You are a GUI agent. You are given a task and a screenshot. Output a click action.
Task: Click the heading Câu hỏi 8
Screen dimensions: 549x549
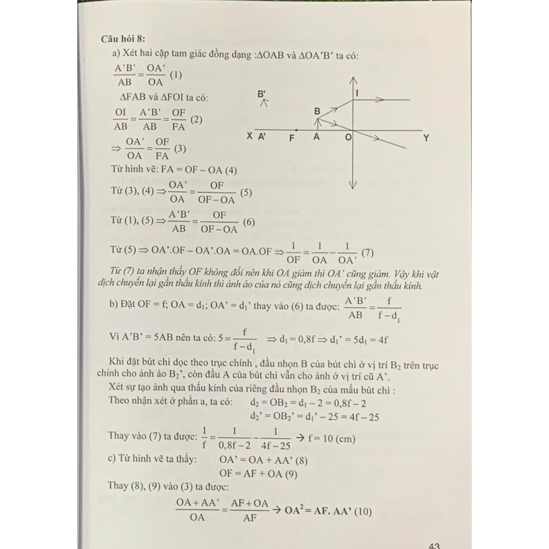[x=122, y=39]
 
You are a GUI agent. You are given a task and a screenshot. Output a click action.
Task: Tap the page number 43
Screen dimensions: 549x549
[x=434, y=545]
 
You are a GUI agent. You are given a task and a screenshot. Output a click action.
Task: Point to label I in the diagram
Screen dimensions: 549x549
[x=357, y=93]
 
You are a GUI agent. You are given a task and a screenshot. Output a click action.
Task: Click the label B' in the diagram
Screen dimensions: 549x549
[x=262, y=94]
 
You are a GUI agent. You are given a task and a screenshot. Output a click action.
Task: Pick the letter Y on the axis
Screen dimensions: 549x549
[x=426, y=137]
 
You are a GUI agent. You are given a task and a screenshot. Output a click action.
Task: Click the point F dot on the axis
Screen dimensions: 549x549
[x=296, y=130]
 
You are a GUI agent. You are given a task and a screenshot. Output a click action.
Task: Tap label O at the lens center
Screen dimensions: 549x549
[x=348, y=138]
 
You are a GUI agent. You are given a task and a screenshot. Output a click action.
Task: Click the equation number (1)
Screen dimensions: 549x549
[x=175, y=76]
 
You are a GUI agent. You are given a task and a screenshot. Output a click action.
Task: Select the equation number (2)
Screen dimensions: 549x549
[x=196, y=120]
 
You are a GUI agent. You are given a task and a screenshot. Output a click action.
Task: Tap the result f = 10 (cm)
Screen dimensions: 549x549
[x=331, y=438]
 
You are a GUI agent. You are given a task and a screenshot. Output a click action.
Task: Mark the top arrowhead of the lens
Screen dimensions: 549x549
[x=353, y=80]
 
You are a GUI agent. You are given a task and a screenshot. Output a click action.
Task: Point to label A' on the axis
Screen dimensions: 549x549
[x=263, y=137]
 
